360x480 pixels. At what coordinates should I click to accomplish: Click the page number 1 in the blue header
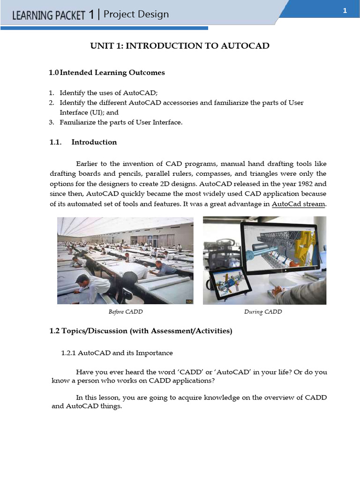(x=345, y=12)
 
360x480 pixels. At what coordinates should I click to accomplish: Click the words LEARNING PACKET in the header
(x=48, y=15)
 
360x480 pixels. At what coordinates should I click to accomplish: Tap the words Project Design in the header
(x=136, y=15)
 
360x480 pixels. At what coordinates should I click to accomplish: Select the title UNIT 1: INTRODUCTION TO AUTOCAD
(x=180, y=45)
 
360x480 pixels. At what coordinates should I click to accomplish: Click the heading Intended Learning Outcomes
(x=112, y=73)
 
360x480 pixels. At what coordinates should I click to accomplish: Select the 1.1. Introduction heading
(x=83, y=142)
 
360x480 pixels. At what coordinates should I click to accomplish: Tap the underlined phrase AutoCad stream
(x=299, y=204)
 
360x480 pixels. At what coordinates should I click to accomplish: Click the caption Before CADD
(x=125, y=312)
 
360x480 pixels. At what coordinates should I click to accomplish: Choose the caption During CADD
(x=263, y=312)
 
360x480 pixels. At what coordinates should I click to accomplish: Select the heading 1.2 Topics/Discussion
(x=141, y=331)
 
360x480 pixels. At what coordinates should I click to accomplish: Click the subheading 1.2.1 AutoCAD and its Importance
(x=117, y=352)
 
